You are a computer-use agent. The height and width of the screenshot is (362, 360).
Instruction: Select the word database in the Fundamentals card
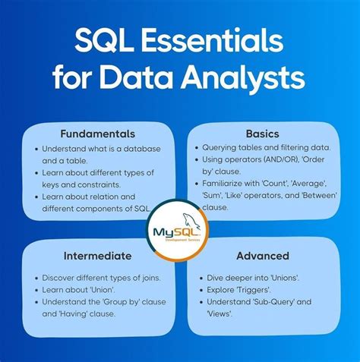tap(139, 149)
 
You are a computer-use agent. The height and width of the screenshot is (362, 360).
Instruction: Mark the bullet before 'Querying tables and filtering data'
tap(197, 149)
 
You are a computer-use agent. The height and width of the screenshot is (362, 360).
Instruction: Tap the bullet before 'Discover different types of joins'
tap(35, 279)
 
